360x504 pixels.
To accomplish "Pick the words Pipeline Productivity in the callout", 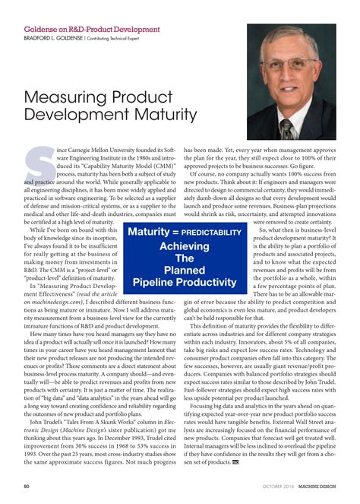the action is (x=185, y=283).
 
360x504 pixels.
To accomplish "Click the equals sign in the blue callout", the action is (x=175, y=233).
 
